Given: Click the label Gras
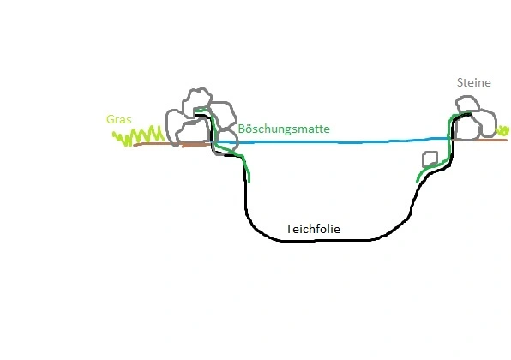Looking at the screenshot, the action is [119, 119].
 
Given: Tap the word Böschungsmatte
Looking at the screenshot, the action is [284, 129].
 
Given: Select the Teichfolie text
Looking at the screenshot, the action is [313, 229].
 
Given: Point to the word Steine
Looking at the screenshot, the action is [474, 82].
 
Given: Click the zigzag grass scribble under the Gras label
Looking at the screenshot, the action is [139, 136].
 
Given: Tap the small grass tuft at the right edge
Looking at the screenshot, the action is [502, 131].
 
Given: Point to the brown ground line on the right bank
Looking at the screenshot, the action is [479, 140].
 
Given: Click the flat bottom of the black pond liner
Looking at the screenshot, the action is [326, 241].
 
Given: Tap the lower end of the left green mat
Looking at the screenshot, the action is [249, 182].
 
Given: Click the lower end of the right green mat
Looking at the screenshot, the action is [418, 182].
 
